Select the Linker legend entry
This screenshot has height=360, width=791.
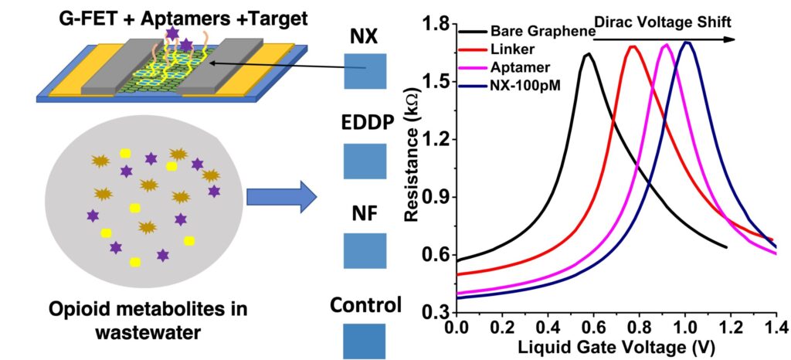click(488, 49)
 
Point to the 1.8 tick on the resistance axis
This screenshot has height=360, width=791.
click(438, 24)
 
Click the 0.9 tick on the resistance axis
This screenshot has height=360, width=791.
click(438, 197)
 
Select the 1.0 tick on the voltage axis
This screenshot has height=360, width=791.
click(685, 328)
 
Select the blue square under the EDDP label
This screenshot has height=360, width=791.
click(365, 161)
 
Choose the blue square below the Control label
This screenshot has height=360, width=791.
click(365, 341)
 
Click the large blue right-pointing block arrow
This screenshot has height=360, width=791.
click(281, 198)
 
